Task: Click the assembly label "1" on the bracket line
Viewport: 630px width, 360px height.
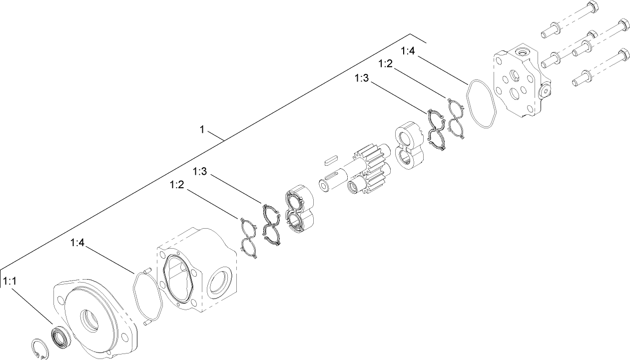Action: point(202,129)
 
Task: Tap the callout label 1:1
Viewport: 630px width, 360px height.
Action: point(10,282)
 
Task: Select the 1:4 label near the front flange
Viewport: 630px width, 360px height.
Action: point(77,243)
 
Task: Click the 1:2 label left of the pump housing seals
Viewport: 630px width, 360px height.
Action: point(177,185)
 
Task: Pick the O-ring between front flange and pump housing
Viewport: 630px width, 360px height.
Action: point(147,295)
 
